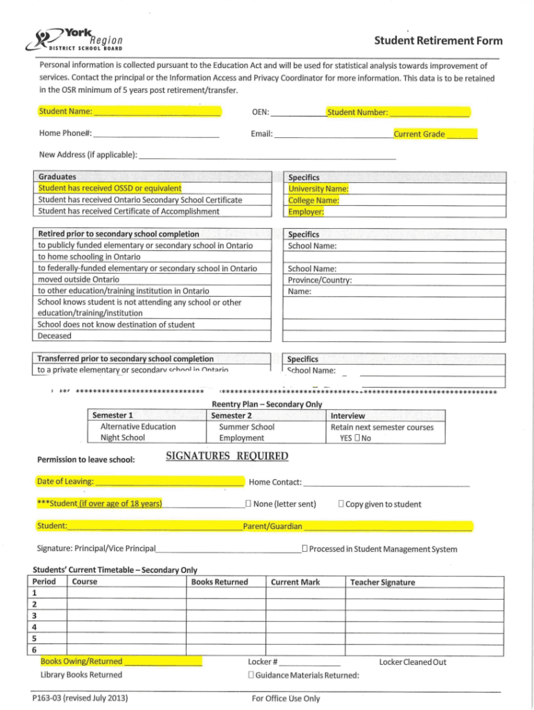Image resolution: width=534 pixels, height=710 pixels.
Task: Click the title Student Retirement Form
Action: coord(438,41)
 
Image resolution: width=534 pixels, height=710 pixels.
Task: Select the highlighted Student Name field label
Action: coord(65,112)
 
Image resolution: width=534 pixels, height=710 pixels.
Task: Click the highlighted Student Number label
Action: coord(357,112)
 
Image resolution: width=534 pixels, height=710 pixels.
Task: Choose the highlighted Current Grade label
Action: coord(419,135)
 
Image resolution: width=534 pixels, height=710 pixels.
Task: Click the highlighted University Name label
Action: coord(318,189)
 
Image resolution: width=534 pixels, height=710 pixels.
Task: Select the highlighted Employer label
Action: coord(306,212)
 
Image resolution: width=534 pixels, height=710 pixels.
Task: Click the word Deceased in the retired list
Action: coord(54,336)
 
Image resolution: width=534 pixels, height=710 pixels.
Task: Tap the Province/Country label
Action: coord(320,280)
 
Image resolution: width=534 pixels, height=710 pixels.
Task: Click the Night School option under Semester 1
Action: coord(123,438)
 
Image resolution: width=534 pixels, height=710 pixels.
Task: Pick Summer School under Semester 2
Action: coord(246,427)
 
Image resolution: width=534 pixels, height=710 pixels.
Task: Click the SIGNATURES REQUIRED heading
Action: coord(227,456)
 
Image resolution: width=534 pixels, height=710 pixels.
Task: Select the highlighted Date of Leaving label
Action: coord(65,481)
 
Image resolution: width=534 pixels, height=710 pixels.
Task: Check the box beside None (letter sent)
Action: coord(247,504)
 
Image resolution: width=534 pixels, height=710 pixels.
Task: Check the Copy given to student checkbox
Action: coord(341,504)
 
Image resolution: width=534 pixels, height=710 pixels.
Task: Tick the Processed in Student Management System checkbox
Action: coord(304,549)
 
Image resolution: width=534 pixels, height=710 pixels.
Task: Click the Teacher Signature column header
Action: coord(383,582)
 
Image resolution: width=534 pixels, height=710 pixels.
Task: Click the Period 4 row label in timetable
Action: coord(35,627)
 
